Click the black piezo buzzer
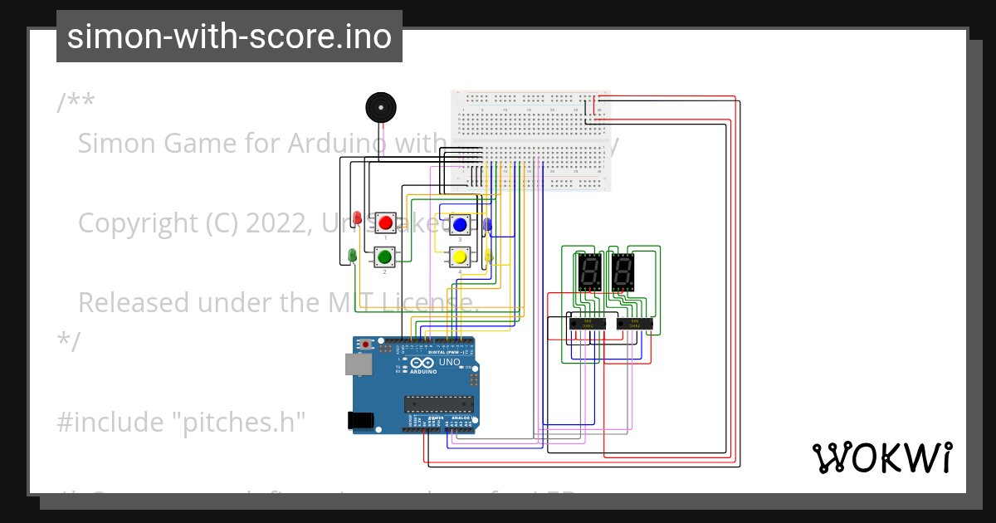[381, 109]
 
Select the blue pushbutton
[459, 223]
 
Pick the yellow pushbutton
[459, 257]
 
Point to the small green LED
[353, 254]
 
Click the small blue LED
[488, 224]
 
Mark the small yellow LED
[488, 256]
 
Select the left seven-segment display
[588, 271]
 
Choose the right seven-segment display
[624, 271]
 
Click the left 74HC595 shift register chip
[588, 323]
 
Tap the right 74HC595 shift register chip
[634, 323]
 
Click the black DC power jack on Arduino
[359, 420]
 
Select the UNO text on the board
[449, 363]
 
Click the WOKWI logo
[881, 457]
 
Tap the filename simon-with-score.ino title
[229, 37]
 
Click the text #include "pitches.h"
[182, 422]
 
